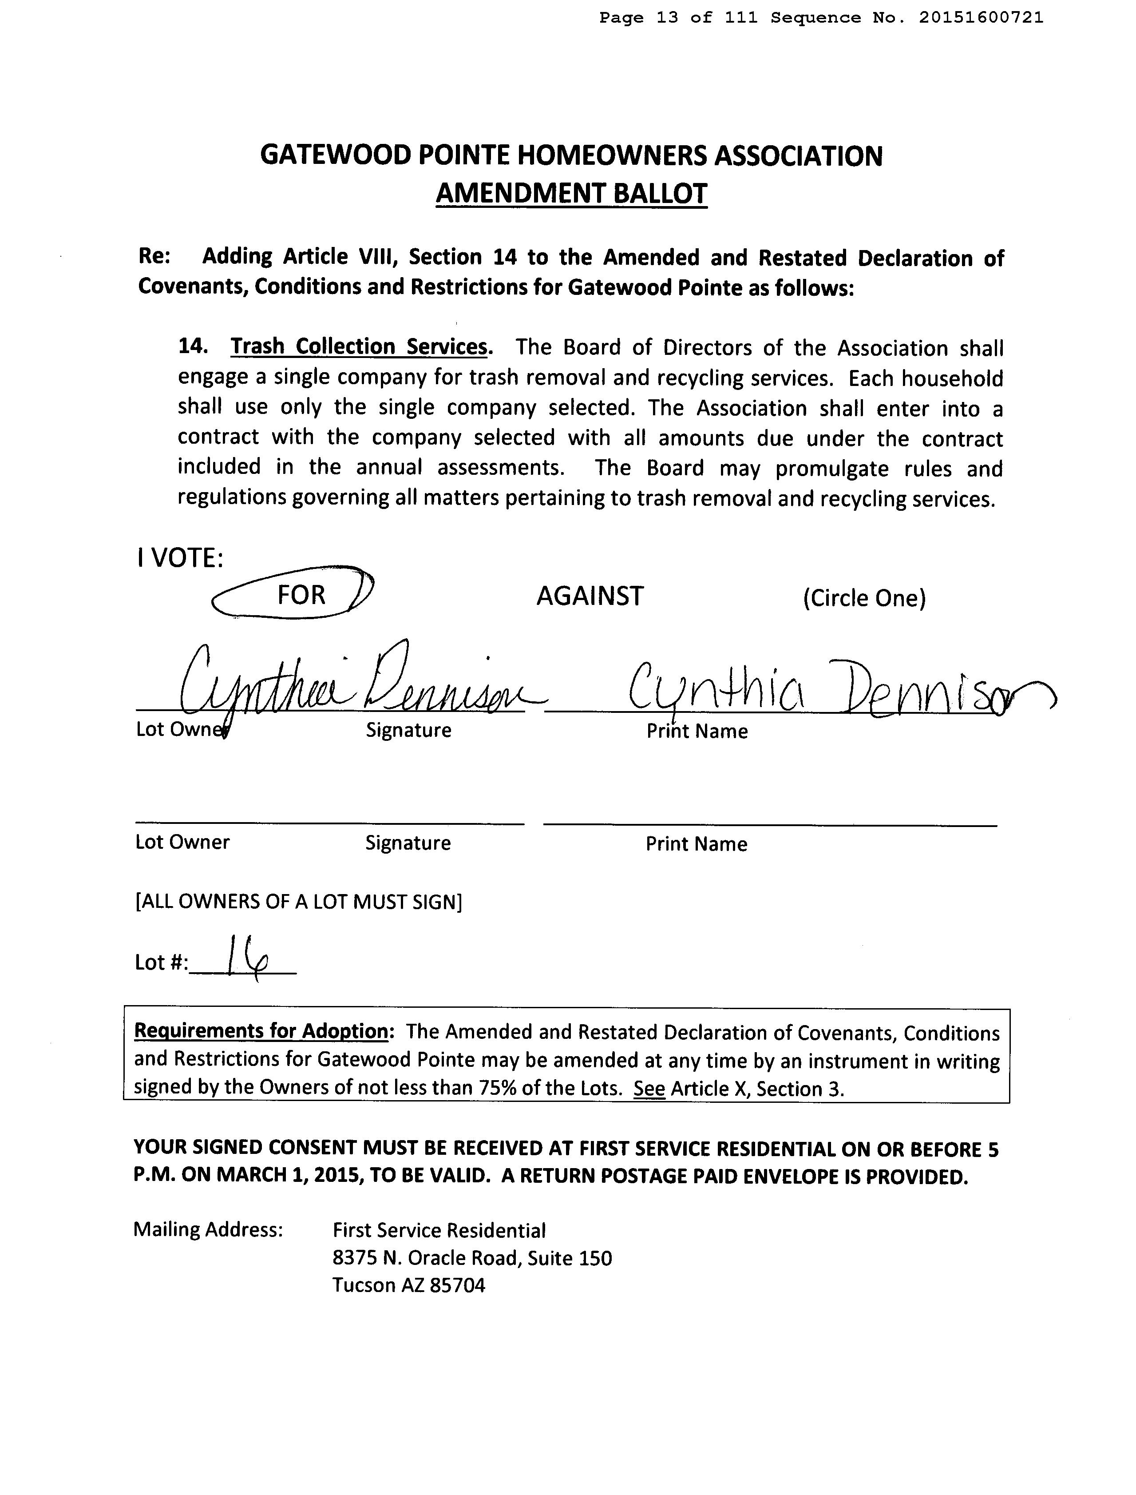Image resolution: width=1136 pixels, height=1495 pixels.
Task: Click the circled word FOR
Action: (x=301, y=595)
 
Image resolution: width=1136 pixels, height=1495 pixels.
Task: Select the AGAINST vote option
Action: (x=590, y=596)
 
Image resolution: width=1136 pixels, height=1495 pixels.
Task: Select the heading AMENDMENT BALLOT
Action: (x=571, y=194)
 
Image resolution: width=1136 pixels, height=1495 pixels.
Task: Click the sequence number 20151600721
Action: (x=981, y=18)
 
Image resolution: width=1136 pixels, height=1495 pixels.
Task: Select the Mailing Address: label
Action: (x=208, y=1229)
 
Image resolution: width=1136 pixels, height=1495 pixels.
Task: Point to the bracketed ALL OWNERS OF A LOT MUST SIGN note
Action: (x=298, y=902)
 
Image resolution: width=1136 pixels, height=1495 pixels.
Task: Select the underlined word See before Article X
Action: (x=649, y=1089)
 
